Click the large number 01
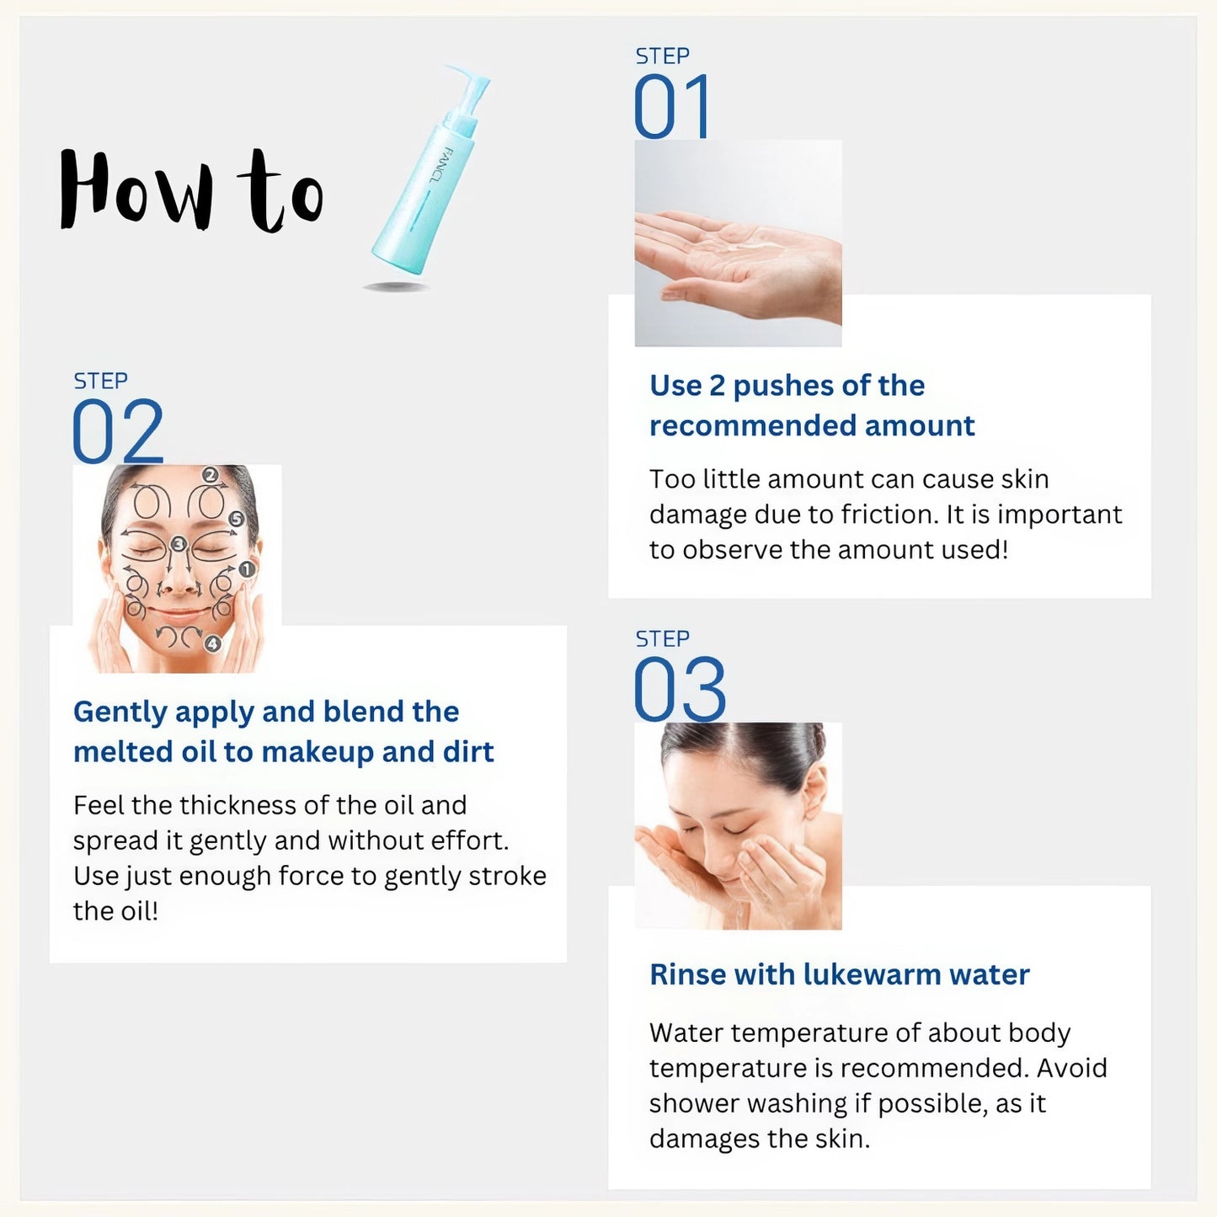671,107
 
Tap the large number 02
117,432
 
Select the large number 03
679,691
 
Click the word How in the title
135,190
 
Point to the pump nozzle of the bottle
468,84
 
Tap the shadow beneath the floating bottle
396,286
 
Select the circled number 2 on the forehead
211,475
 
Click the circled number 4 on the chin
212,644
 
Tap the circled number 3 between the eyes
178,544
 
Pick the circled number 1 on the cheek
246,570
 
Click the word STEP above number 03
662,639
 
